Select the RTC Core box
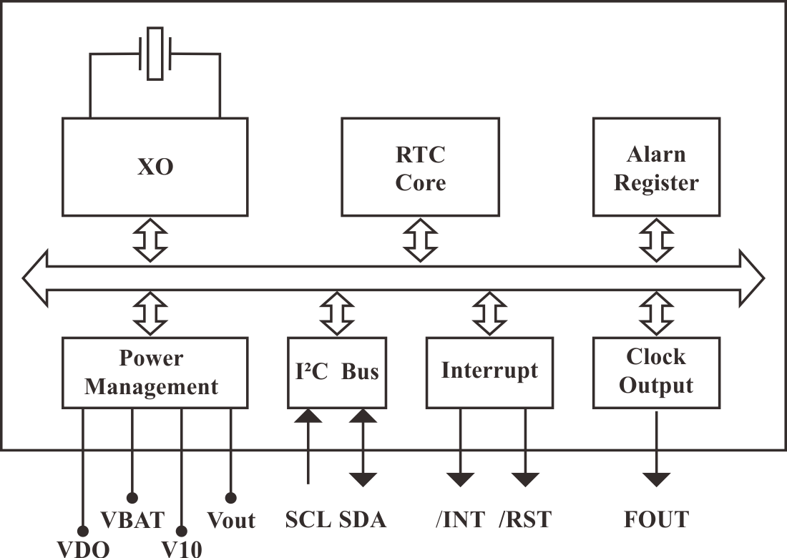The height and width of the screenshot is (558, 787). [x=420, y=168]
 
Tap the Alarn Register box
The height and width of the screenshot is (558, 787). [x=655, y=168]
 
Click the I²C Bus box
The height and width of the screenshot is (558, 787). [x=336, y=372]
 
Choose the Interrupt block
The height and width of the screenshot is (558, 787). [x=489, y=372]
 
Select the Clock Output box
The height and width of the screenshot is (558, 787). [x=655, y=372]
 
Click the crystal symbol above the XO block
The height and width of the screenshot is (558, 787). [x=155, y=54]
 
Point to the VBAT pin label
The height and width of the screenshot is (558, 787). [x=132, y=519]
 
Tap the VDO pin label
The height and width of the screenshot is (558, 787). [x=83, y=549]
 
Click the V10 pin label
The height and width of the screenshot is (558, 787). [x=181, y=549]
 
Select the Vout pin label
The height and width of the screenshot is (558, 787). [x=230, y=519]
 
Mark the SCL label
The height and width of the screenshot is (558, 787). [x=308, y=519]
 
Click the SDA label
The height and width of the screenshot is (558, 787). [x=362, y=519]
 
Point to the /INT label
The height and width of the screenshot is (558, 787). [x=460, y=519]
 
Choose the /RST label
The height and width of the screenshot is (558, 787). [x=526, y=519]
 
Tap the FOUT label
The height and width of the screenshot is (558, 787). [x=655, y=519]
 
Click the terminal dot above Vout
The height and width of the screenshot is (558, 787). [x=230, y=496]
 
